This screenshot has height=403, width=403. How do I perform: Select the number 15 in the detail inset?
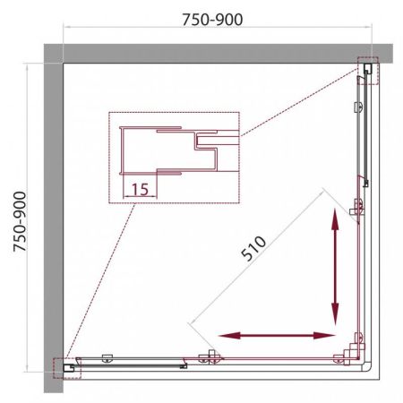point(138,188)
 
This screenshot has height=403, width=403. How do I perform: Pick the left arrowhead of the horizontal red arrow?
point(226,336)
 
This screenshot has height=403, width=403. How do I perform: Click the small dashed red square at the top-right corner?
point(368,71)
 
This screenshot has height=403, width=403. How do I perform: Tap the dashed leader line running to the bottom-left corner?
point(99,287)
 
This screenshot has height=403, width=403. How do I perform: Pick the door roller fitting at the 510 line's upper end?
point(357,207)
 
